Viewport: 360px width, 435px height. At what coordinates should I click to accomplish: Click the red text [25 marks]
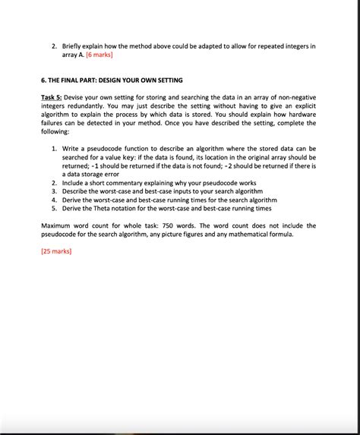coord(56,251)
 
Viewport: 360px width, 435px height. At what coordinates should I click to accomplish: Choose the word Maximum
coord(59,225)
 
